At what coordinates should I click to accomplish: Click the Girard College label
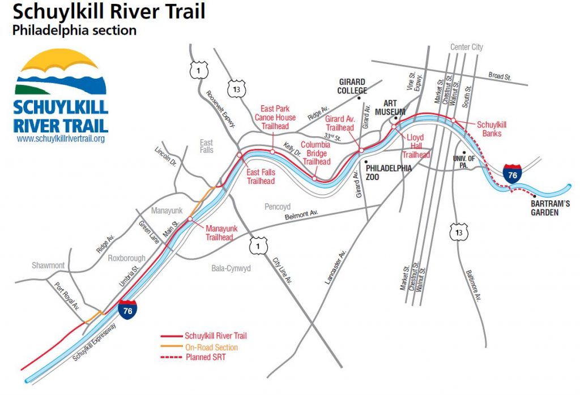(x=352, y=86)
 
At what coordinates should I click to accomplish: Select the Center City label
(x=467, y=47)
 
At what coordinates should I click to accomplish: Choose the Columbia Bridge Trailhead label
(x=315, y=153)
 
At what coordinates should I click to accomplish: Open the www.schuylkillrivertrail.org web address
(x=61, y=139)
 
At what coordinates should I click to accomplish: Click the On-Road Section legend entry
(x=211, y=347)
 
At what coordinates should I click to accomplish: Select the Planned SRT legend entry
(x=205, y=358)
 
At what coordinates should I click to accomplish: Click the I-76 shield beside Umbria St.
(x=127, y=311)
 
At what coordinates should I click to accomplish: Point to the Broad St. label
(x=501, y=75)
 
